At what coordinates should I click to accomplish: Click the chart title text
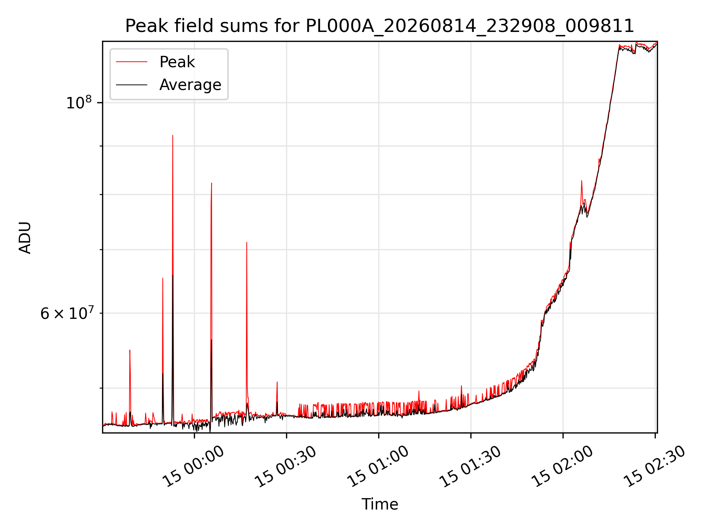click(x=380, y=26)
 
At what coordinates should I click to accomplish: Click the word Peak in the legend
click(x=177, y=62)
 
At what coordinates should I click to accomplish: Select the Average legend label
click(x=190, y=85)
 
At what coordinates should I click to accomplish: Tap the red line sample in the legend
click(x=131, y=62)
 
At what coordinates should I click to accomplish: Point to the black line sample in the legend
click(x=131, y=85)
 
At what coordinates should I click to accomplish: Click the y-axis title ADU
click(x=25, y=237)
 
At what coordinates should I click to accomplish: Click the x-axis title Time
click(x=380, y=504)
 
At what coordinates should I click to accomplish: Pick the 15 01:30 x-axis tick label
click(x=470, y=467)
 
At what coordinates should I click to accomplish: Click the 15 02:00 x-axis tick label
click(x=563, y=467)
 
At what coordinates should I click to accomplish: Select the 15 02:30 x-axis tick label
click(x=655, y=467)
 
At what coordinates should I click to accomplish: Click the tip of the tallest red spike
click(x=173, y=135)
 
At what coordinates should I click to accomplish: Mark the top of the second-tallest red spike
click(x=211, y=183)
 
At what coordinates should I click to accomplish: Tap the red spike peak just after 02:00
click(x=582, y=181)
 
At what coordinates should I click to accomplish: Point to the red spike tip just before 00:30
click(x=277, y=382)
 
